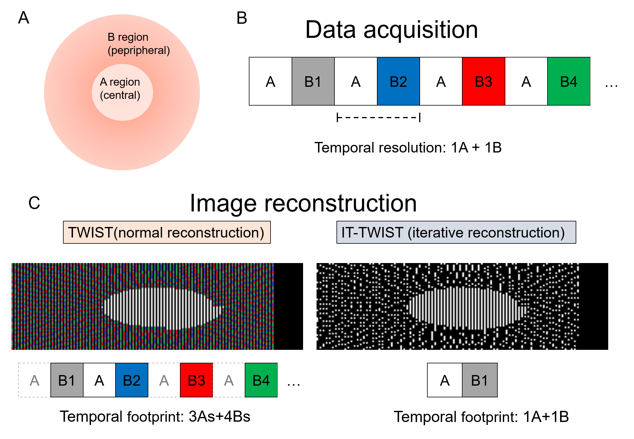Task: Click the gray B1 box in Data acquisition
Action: coord(313,82)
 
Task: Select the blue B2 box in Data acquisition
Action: coord(398,82)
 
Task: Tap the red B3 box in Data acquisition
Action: coord(483,82)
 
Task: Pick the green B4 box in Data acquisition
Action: coord(569,82)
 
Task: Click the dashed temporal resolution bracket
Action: coord(378,118)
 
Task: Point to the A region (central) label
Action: coord(120,89)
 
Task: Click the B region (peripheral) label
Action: coord(138,44)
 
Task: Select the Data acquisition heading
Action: coord(392,30)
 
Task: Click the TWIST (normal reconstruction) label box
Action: coord(167,233)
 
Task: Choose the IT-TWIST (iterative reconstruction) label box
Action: coord(456,233)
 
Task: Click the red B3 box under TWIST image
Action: coord(196,380)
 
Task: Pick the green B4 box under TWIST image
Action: coord(261,380)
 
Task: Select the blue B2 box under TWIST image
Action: coord(132,380)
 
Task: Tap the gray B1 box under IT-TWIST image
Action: coord(480,380)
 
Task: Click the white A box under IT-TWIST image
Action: coord(445,380)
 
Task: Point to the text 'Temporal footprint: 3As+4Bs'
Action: coord(155,416)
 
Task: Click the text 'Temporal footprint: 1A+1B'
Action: coord(481,417)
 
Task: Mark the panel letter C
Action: coord(34,203)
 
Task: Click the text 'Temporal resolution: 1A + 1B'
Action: coord(408,148)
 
